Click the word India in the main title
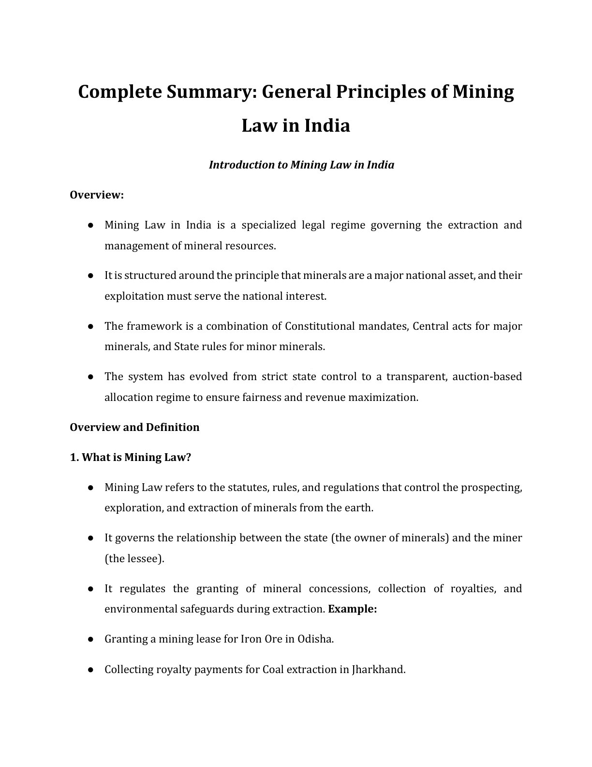(x=326, y=125)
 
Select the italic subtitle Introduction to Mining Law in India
(x=301, y=165)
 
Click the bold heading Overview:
(x=97, y=195)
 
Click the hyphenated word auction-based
(x=487, y=376)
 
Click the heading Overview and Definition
(x=134, y=427)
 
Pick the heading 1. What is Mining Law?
(x=131, y=457)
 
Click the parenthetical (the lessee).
(x=134, y=558)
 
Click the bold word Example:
(x=352, y=609)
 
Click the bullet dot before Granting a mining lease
(x=90, y=639)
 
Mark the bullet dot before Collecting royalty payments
(x=90, y=670)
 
